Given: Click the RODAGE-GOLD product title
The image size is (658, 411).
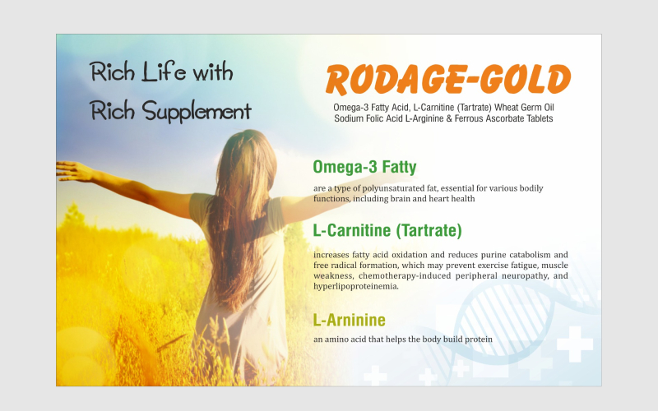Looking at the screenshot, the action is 448,79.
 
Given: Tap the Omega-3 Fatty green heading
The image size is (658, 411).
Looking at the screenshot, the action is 364,167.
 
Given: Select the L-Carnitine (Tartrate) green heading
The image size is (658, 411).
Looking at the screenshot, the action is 387,230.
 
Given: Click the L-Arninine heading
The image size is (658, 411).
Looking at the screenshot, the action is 349,320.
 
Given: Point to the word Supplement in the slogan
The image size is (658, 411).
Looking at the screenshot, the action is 197,112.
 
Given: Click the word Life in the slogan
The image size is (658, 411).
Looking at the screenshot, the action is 164,72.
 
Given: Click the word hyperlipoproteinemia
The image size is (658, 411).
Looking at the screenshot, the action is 355,286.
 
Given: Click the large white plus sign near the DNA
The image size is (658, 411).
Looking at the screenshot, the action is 574,344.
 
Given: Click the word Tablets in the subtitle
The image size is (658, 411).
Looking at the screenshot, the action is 540,118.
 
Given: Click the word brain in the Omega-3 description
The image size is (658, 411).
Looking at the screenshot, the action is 401,199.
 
